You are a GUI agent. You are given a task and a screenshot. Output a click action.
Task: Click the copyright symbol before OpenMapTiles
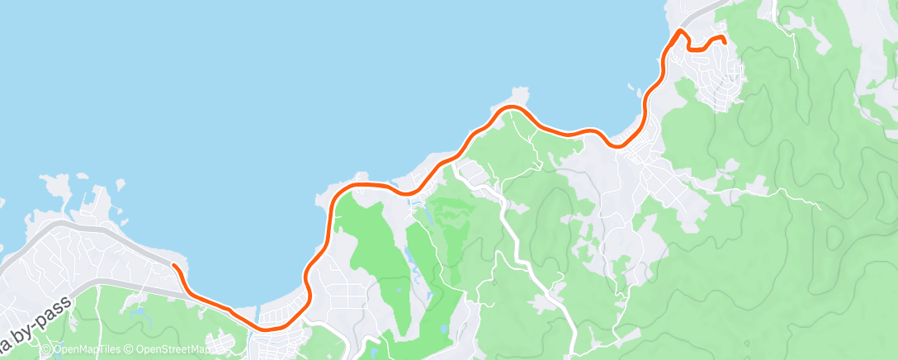(x=47, y=348)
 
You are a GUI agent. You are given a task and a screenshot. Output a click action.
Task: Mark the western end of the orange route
(x=173, y=265)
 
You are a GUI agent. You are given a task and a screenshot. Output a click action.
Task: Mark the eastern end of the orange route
(x=724, y=40)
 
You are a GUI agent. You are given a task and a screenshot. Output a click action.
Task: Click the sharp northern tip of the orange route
(x=680, y=31)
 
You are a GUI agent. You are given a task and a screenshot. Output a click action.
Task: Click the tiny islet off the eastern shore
(x=631, y=88)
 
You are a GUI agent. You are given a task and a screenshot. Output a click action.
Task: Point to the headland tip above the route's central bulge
(x=518, y=91)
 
